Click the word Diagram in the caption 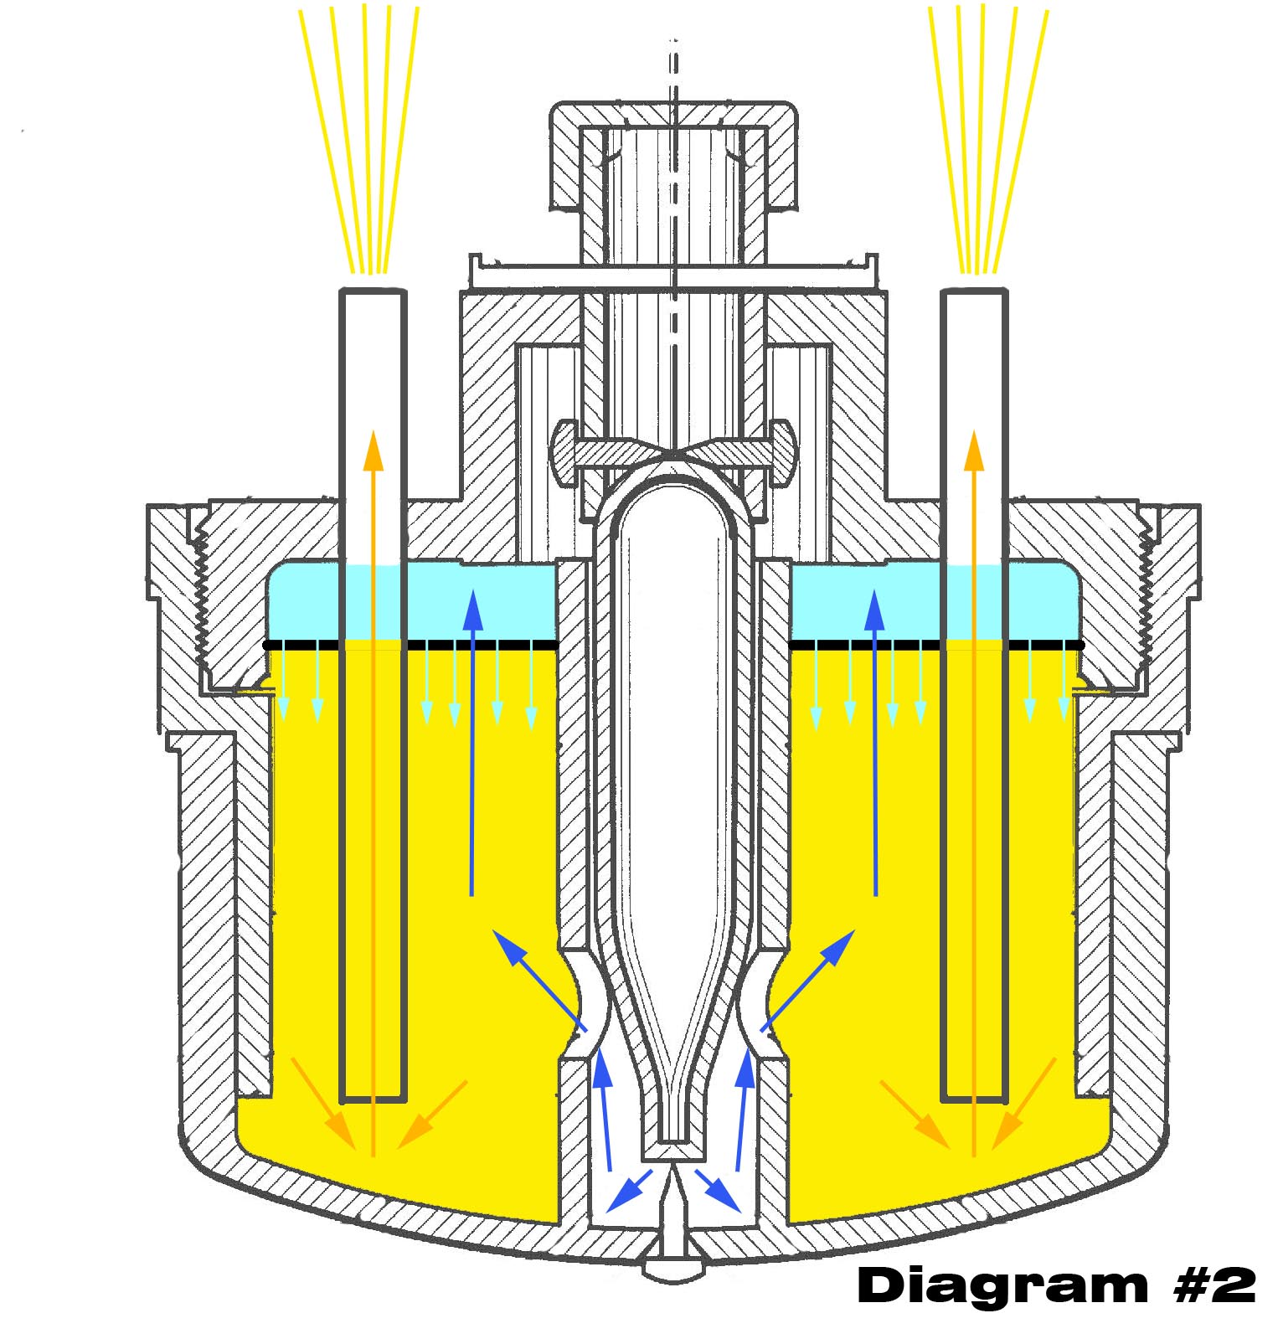coord(1002,1285)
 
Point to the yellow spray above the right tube coord(988,138)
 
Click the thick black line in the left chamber coord(410,645)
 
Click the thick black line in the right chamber coord(937,645)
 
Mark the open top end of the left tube coord(373,291)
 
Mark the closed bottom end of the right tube coord(974,1097)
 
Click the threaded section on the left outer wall coord(202,595)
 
